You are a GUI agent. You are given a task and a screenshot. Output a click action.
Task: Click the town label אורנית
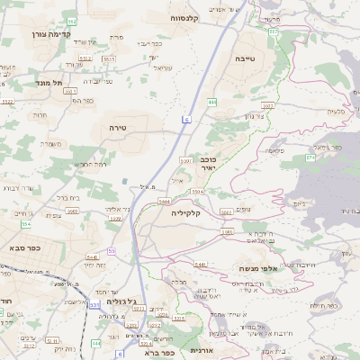[202, 349]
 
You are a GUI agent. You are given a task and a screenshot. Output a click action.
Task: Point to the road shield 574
[310, 157]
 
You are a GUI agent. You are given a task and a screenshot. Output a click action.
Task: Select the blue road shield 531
[95, 305]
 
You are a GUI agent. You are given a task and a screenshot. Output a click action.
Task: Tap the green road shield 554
[27, 221]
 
